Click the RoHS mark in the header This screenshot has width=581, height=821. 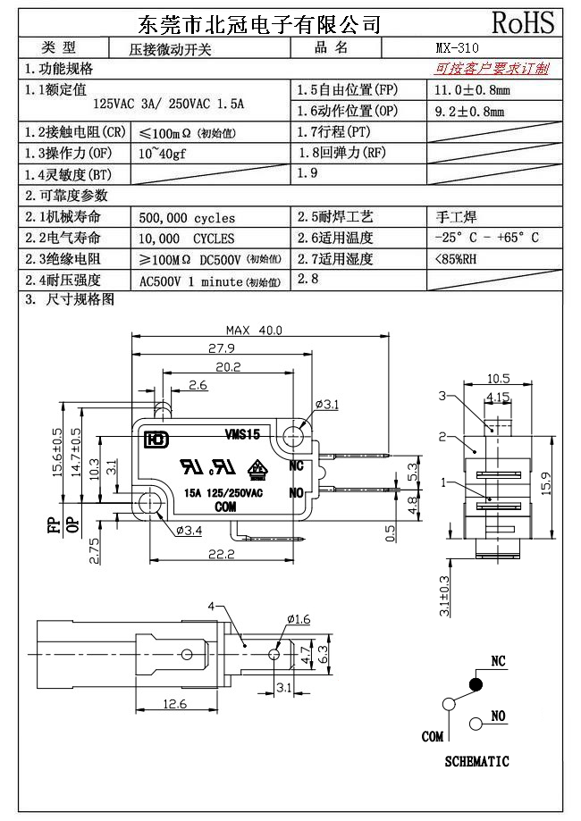click(x=523, y=22)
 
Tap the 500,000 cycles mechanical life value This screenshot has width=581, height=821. click(x=188, y=218)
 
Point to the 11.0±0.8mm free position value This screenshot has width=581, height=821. click(x=472, y=90)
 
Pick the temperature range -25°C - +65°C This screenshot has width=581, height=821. click(x=486, y=239)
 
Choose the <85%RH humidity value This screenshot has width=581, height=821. click(x=455, y=259)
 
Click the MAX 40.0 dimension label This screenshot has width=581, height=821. click(x=254, y=330)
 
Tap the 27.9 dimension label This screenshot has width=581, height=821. click(x=221, y=348)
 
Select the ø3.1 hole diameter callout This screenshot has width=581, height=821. click(x=327, y=405)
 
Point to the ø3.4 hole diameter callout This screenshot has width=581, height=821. click(x=189, y=532)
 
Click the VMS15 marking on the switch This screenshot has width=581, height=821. click(x=242, y=434)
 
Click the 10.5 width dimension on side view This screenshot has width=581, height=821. click(x=499, y=378)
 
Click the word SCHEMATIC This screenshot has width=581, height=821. click(x=476, y=762)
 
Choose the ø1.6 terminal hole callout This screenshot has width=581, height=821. click(x=299, y=619)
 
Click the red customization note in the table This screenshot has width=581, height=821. click(x=493, y=69)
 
